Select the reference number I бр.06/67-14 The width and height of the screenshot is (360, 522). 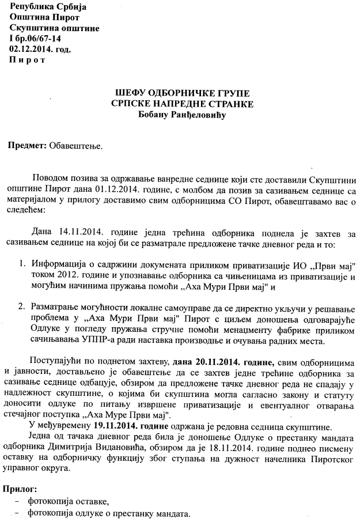[35, 39]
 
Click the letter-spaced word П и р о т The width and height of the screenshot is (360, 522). [27, 60]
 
